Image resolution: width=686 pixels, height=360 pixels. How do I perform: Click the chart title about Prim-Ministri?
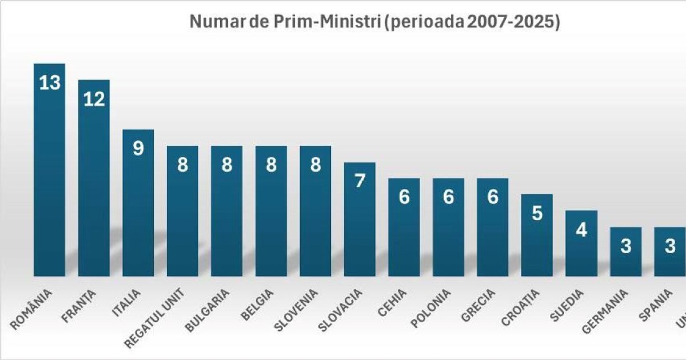click(x=374, y=22)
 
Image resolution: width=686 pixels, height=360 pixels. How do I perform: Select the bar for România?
click(x=49, y=171)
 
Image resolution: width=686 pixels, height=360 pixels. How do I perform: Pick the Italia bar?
click(x=138, y=206)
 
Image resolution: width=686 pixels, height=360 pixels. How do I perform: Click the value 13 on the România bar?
click(x=49, y=83)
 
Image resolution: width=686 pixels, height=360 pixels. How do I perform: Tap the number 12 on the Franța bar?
click(x=94, y=99)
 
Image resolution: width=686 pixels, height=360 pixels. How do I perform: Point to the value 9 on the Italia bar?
click(x=138, y=149)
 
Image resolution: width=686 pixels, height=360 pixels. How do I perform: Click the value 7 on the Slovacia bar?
click(x=360, y=181)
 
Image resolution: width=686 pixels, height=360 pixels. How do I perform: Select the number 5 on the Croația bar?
click(x=537, y=214)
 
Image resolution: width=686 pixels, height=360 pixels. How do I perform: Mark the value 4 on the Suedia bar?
click(x=581, y=230)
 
